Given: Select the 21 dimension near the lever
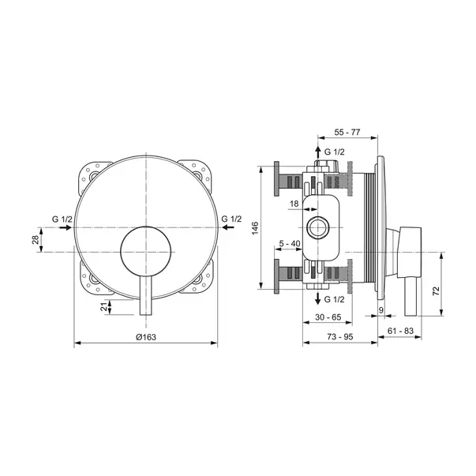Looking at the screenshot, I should click(105, 307).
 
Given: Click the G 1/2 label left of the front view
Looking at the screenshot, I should click(62, 219).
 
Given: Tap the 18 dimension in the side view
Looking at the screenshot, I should click(294, 204).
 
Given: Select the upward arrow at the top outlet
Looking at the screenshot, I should click(317, 149).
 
